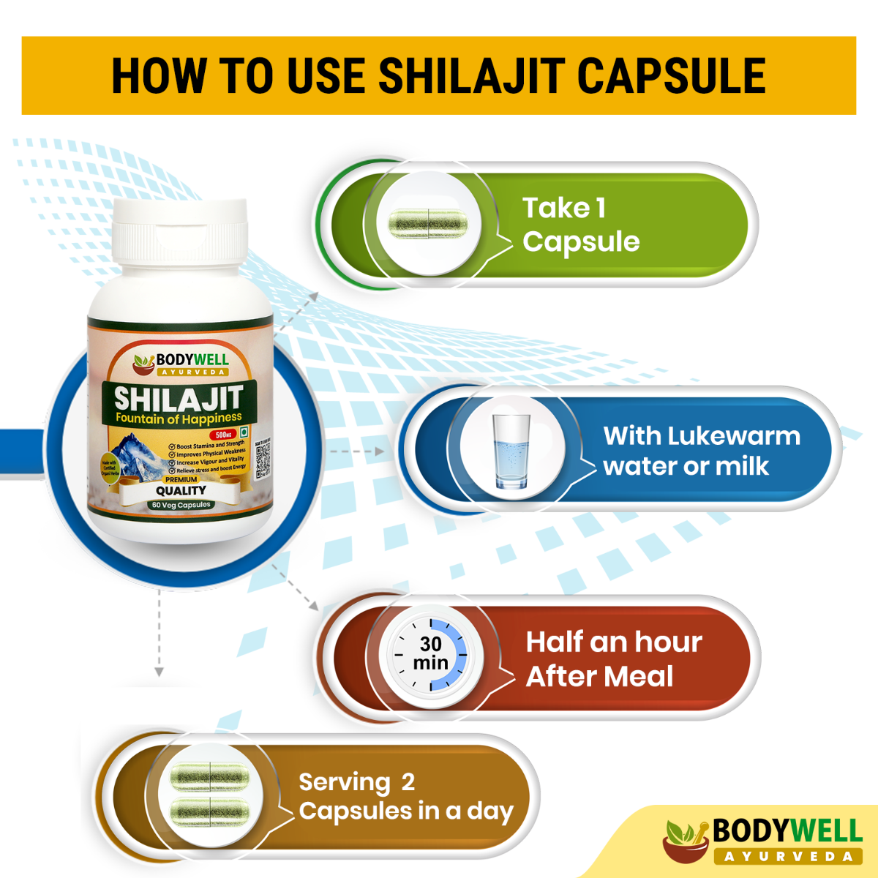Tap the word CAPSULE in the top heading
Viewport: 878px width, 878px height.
click(671, 76)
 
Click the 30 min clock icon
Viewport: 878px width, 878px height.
click(431, 653)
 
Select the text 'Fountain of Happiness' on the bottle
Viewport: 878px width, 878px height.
click(179, 419)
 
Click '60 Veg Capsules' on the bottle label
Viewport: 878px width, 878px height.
click(181, 505)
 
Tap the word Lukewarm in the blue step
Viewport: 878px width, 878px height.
click(733, 436)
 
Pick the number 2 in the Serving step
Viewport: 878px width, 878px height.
click(408, 782)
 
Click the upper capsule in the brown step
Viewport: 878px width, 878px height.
click(209, 777)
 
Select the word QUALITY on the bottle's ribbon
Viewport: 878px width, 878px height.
click(181, 491)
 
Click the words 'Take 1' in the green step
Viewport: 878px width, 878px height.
click(563, 209)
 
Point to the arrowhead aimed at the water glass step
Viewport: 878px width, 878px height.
click(379, 451)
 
